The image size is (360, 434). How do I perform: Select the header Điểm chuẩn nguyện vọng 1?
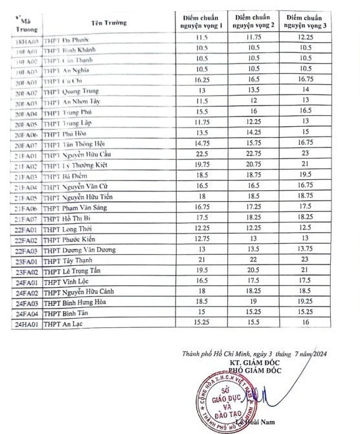click(x=201, y=19)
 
